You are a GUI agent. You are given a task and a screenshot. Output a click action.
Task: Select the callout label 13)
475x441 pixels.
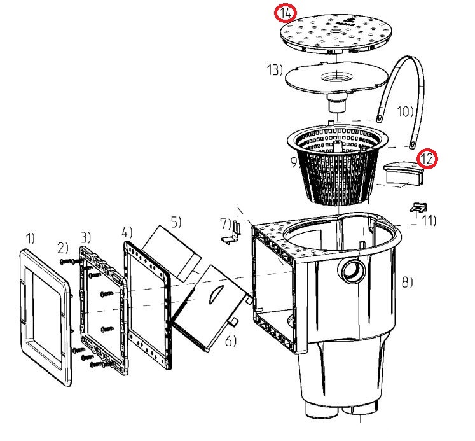275,69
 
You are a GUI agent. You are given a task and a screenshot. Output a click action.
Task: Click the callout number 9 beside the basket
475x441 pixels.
294,162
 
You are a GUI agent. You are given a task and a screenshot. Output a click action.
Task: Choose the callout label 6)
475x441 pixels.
230,341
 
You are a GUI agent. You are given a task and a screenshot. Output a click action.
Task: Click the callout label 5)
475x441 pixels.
176,222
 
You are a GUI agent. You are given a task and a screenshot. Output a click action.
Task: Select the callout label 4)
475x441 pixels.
127,231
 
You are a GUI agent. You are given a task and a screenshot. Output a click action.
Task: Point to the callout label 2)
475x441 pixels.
62,248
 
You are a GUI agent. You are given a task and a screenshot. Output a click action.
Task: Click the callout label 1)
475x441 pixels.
31,238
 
